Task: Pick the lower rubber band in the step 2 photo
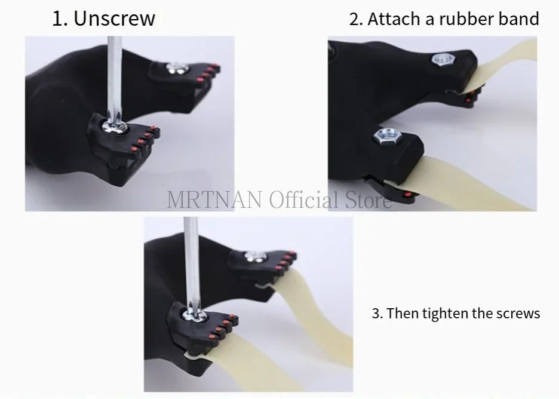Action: click(x=472, y=179)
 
